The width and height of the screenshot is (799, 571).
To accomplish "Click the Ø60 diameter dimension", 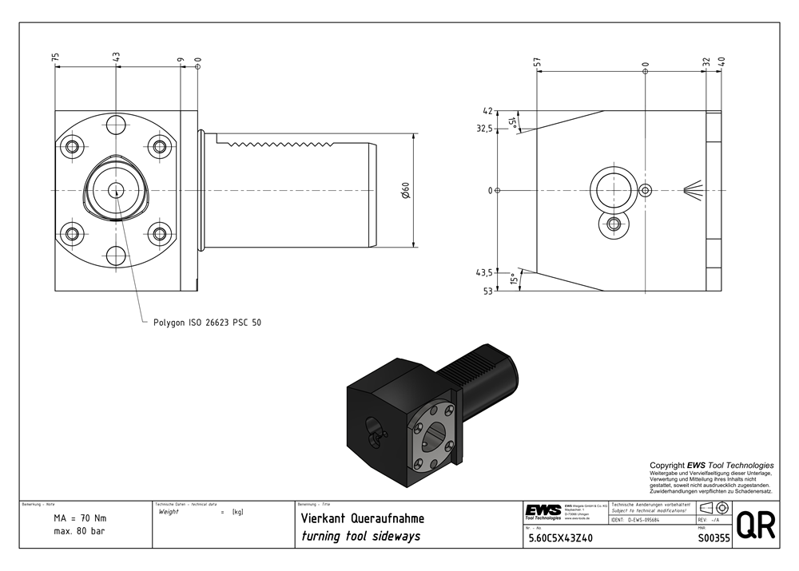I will [x=405, y=191].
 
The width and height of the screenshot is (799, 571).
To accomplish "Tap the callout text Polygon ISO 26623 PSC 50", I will [x=207, y=323].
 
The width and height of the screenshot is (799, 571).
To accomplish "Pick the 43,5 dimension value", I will [x=483, y=272].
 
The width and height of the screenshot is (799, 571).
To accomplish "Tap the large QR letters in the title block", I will [x=755, y=526].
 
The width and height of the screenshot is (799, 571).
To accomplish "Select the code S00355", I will [x=714, y=538].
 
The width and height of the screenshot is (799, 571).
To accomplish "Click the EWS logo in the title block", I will [x=543, y=511].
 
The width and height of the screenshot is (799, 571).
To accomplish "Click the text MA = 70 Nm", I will [x=80, y=518].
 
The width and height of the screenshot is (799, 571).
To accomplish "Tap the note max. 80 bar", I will [x=79, y=531].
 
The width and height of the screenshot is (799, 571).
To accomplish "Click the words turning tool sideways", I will [x=360, y=536].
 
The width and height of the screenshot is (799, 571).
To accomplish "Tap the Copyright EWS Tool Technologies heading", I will [x=711, y=465].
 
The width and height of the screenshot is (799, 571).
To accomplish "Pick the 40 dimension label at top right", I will [x=721, y=61].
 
